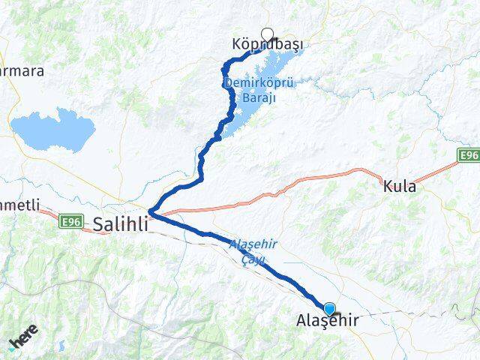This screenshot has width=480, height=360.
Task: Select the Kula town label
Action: pos(399,186)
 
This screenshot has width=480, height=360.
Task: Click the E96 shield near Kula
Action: pos(469,154)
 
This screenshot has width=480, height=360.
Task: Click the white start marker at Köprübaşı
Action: pos(268,34)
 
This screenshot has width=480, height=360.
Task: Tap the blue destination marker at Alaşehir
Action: pos(329,308)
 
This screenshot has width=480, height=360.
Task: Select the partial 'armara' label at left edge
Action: pos(22,71)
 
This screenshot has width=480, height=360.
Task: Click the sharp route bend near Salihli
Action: pos(151,212)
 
